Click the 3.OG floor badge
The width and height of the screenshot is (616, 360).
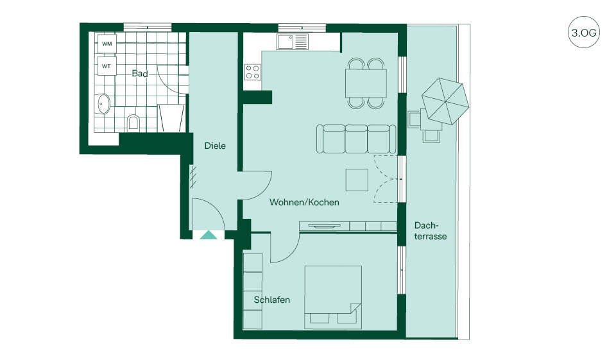click(584, 32)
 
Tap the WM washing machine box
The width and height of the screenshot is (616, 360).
click(107, 44)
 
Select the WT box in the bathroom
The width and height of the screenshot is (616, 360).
click(107, 66)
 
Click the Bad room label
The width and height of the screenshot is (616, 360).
click(140, 74)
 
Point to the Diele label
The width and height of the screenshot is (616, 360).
click(215, 146)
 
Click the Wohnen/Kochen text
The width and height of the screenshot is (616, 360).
click(304, 202)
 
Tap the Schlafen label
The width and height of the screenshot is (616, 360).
click(272, 300)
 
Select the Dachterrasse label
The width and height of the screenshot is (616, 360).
click(430, 231)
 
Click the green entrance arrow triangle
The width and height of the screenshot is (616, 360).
click(208, 235)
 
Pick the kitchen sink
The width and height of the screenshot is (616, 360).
click(293, 42)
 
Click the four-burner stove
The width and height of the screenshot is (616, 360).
click(253, 72)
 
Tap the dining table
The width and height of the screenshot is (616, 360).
click(366, 83)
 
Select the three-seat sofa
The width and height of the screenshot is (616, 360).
click(356, 139)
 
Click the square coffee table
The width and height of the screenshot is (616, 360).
click(357, 180)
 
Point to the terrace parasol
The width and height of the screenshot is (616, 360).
click(445, 101)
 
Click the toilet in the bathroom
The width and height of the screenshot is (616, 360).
click(133, 122)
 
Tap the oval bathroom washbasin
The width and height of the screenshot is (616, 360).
click(104, 104)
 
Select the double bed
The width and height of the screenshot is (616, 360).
click(333, 297)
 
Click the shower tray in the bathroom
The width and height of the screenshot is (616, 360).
click(171, 118)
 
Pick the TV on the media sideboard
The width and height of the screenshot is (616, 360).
click(325, 226)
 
